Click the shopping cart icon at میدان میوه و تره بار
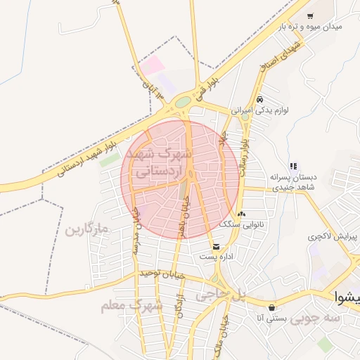pos(310,15)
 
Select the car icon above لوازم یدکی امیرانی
pos(260,100)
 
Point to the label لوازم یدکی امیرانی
pos(262,110)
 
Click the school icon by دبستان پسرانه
pos(293,167)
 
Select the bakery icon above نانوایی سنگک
pos(242,214)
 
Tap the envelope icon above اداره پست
pos(216,247)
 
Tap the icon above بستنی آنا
pos(271,307)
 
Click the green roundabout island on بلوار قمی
pos(182,102)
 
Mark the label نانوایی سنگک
pos(235,224)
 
